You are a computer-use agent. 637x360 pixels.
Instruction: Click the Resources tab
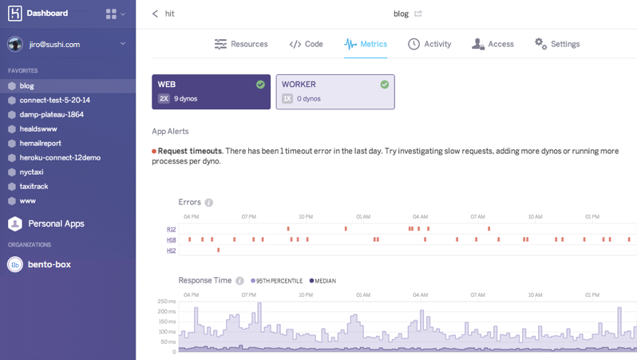(x=241, y=44)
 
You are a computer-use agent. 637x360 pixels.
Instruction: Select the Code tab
(x=306, y=44)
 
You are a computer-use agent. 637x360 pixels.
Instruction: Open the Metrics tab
(x=366, y=44)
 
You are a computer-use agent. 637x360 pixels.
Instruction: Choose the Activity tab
(x=429, y=44)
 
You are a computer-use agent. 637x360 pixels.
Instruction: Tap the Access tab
(x=493, y=44)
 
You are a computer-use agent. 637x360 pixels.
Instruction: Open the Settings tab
(x=557, y=44)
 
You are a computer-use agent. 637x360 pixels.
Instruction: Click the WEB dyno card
(x=211, y=92)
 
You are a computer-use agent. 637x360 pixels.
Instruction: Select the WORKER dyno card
(x=335, y=92)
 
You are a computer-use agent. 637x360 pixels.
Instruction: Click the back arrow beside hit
(x=156, y=14)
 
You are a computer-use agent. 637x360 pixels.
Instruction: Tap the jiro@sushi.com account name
(x=54, y=45)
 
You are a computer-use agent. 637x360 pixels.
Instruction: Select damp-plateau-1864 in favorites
(x=51, y=114)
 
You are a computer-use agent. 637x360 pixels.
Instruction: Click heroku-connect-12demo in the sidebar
(x=60, y=157)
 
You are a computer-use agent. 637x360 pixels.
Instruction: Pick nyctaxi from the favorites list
(x=31, y=172)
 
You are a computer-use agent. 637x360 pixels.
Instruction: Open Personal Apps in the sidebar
(x=56, y=224)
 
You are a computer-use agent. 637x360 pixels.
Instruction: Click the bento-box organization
(x=49, y=264)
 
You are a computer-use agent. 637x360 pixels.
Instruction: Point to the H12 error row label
(x=171, y=229)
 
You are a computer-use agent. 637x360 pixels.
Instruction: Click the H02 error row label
(x=171, y=251)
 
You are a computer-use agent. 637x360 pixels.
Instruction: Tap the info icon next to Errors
(x=208, y=203)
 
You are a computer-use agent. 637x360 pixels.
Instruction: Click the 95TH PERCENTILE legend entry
(x=278, y=281)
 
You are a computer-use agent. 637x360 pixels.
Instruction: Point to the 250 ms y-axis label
(x=166, y=302)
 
